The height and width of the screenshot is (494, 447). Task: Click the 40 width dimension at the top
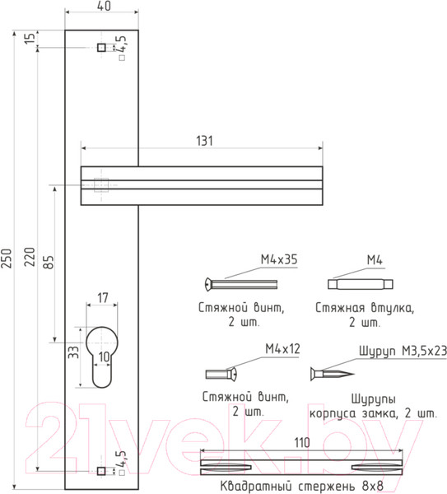(104, 6)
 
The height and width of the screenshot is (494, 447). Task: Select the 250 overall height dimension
(7, 259)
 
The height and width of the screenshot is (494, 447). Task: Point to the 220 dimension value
(30, 257)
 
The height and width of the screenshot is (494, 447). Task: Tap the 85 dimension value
(49, 263)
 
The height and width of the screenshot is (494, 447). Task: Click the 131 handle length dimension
(205, 141)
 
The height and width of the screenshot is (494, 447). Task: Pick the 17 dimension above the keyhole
(103, 298)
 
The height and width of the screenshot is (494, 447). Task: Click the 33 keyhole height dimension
(73, 352)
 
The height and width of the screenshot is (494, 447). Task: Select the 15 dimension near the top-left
(30, 39)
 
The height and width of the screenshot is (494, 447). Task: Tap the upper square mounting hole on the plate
(101, 48)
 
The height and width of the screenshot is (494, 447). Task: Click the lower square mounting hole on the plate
(101, 471)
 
